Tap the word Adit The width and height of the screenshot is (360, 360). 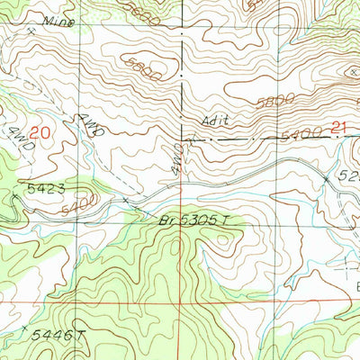tap(209, 121)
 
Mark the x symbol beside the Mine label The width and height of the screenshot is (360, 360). tap(33, 31)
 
